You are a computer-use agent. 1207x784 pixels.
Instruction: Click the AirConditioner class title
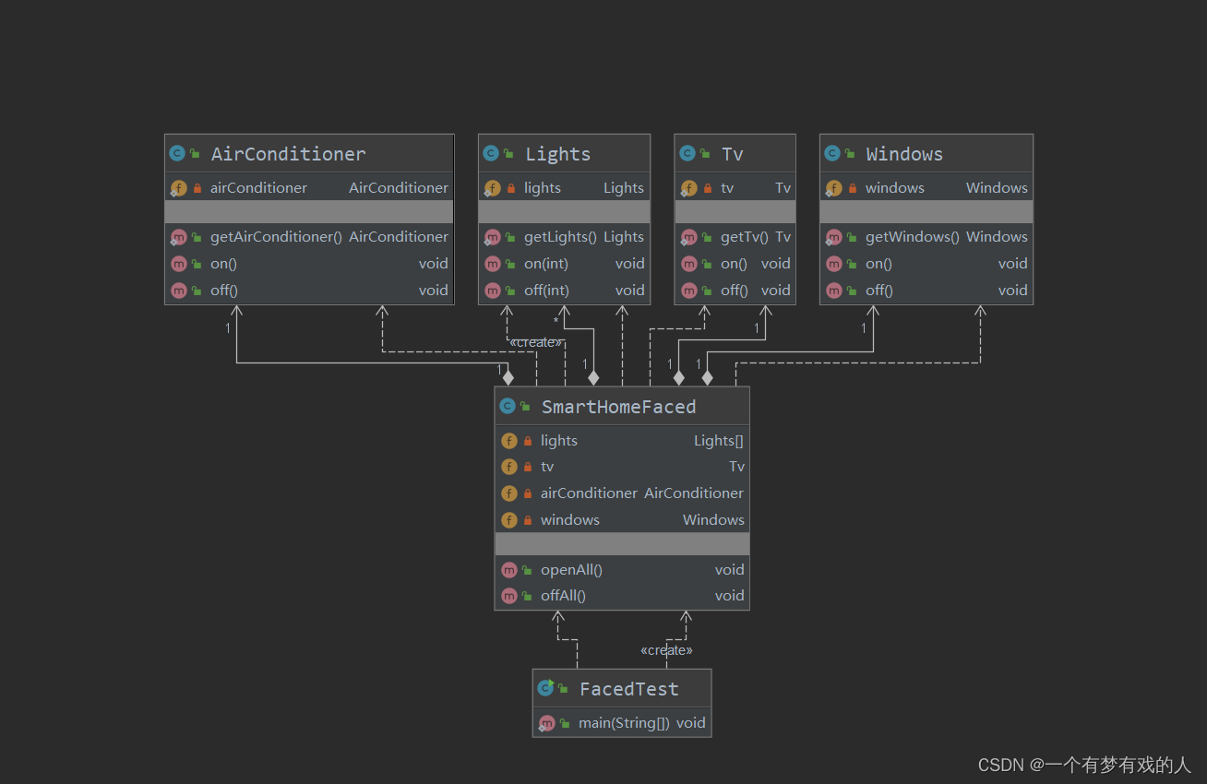point(288,155)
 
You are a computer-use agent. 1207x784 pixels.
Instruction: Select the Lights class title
point(557,155)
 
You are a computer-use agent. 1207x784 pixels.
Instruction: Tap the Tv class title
point(733,155)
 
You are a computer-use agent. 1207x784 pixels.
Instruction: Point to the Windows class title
point(904,155)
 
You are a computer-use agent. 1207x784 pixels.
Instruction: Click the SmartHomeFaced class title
point(618,407)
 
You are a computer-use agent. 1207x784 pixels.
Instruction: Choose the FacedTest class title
point(628,689)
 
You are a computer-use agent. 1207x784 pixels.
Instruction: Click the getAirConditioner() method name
point(276,237)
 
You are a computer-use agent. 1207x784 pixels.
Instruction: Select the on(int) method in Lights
point(546,264)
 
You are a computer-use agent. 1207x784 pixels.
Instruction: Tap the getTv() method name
point(744,237)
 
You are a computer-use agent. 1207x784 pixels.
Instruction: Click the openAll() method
point(571,570)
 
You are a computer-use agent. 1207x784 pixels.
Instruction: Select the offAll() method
point(563,596)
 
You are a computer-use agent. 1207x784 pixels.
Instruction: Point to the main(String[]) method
point(624,723)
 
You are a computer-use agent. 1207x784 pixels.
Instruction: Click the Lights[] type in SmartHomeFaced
point(718,441)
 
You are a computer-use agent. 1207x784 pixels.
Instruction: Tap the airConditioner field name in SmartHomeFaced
point(589,493)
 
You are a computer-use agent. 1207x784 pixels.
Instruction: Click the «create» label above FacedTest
point(666,650)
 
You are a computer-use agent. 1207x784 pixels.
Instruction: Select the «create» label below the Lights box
point(535,342)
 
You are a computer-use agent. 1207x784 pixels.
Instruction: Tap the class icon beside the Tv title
point(687,153)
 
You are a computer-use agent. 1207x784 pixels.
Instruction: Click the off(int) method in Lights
point(546,291)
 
